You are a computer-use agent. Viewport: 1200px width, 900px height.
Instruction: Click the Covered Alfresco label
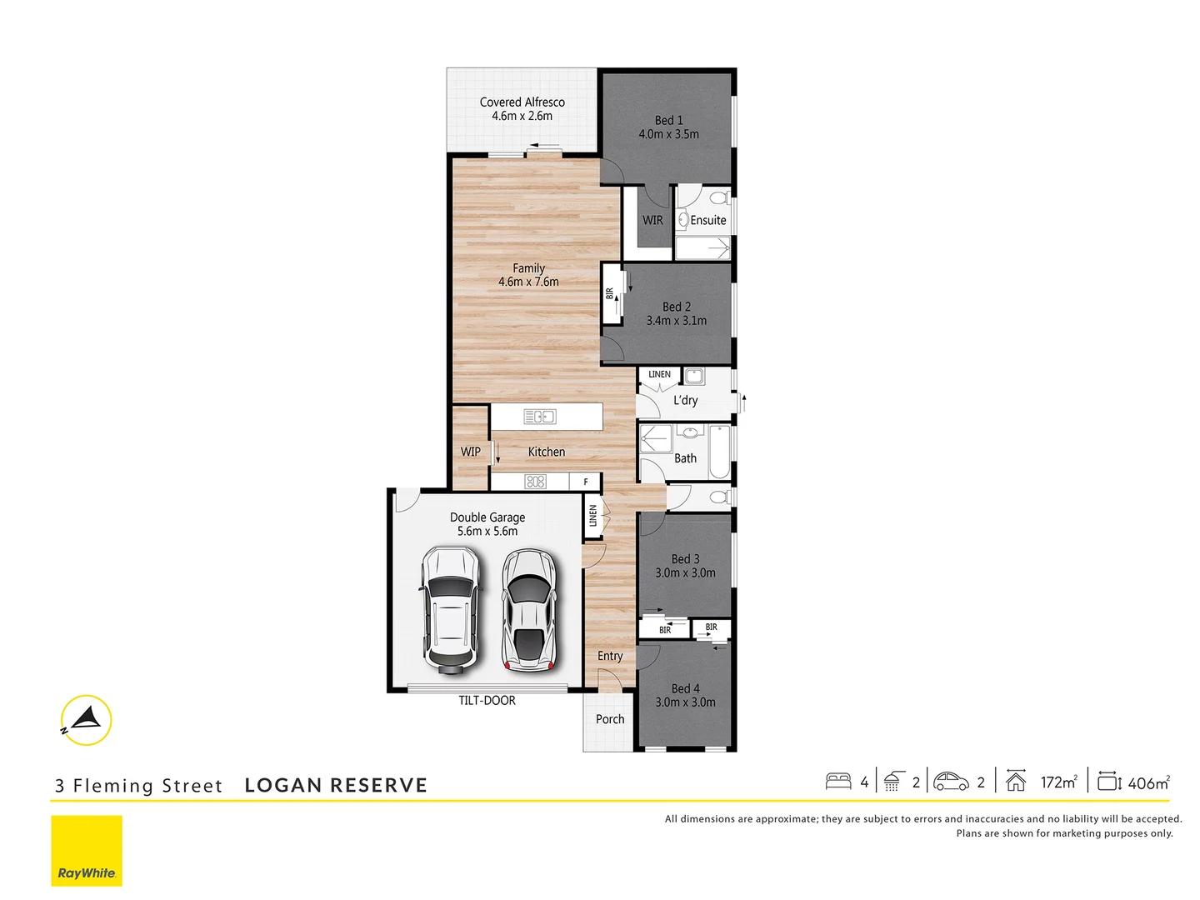tap(522, 102)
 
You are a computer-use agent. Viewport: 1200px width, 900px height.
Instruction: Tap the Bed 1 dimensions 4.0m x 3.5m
tap(668, 134)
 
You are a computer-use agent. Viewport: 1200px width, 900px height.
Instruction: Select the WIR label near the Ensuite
tap(652, 221)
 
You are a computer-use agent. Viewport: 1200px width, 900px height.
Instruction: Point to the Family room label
tap(528, 268)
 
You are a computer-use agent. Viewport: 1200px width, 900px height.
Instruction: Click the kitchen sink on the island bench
tap(539, 417)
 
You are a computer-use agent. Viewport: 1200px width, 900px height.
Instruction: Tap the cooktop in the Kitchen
tap(535, 482)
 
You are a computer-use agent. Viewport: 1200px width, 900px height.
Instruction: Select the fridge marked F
tap(586, 482)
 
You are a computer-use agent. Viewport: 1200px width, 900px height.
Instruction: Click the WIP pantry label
tap(470, 452)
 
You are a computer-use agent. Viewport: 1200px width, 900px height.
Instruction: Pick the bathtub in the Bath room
tap(719, 452)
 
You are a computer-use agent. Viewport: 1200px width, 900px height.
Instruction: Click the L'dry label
tap(685, 401)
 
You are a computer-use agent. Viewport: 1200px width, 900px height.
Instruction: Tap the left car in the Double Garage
tap(450, 610)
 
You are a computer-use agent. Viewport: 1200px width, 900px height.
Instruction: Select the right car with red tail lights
tap(528, 610)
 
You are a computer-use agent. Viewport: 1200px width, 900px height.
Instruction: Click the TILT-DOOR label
tap(487, 701)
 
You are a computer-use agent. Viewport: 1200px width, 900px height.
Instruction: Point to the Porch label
tap(609, 719)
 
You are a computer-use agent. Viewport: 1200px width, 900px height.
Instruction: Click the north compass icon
tap(86, 720)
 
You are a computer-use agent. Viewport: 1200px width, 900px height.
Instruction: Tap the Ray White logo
tap(87, 851)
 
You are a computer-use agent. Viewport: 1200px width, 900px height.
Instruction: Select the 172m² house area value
tap(1058, 782)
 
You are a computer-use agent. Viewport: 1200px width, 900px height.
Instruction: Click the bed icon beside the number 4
tap(838, 782)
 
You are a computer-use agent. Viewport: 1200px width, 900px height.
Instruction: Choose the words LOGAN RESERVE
tap(336, 786)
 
